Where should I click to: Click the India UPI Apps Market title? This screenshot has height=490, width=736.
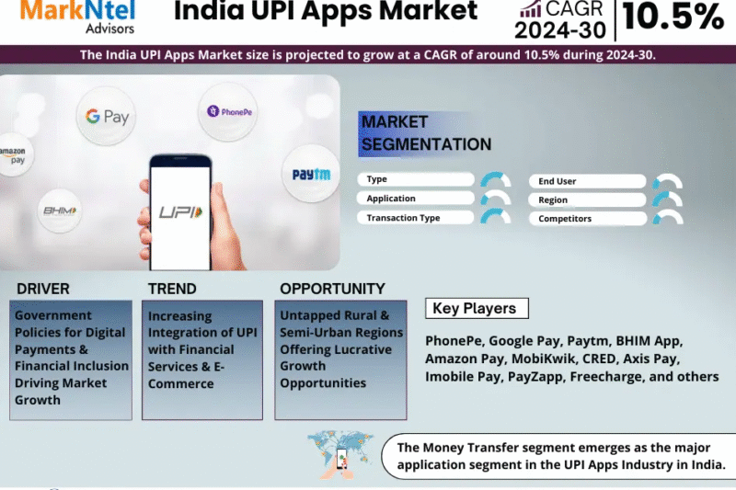pos(326,12)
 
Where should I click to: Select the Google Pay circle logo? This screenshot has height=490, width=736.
pos(108,117)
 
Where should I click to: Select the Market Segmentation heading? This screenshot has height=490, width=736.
pos(426,133)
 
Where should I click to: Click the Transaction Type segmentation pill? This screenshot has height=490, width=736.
pos(416,218)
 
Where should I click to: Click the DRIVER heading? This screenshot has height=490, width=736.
pos(42,289)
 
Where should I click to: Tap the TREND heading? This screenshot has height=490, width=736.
pos(172,289)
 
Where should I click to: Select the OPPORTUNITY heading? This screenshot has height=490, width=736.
pos(332,289)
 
